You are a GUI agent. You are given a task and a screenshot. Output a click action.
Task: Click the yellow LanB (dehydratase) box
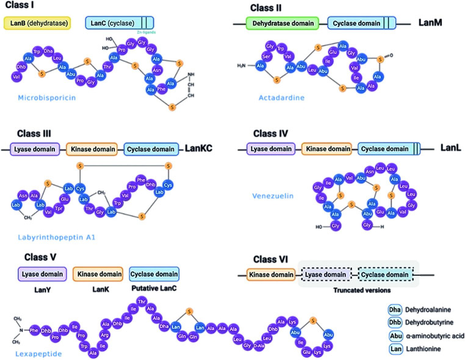click(x=37, y=24)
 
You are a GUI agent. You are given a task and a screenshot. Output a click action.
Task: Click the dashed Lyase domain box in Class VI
click(x=325, y=275)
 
